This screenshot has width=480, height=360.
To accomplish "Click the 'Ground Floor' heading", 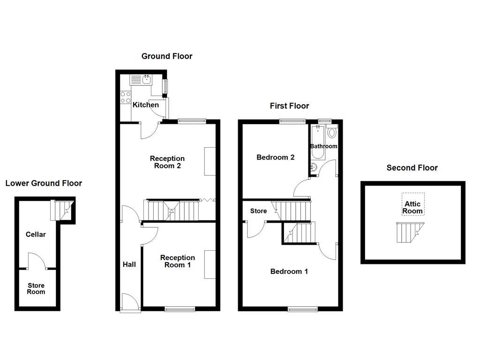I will (167, 56).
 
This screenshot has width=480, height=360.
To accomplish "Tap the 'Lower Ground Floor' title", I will (44, 183).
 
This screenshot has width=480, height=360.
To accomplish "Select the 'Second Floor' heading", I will (412, 168).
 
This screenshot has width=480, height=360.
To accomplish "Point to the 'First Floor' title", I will (289, 106).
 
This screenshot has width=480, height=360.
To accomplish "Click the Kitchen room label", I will (145, 105).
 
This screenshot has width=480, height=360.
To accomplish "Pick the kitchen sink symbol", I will (142, 79).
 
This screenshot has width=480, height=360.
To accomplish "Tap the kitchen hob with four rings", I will (126, 97).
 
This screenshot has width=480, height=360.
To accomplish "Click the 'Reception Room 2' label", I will (167, 162).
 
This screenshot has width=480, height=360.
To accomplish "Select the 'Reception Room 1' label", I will (177, 261).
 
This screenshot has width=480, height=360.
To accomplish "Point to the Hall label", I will (129, 264).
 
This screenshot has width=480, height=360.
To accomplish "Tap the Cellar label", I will (36, 234).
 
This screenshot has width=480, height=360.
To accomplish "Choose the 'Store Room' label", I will (36, 289).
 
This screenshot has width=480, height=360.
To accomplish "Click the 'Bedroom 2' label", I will (275, 157).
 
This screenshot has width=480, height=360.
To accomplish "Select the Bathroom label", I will (323, 146).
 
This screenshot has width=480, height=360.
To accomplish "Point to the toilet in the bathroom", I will (332, 132).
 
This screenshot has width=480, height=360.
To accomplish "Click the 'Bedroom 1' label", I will (289, 271).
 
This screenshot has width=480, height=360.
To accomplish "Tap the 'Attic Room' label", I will (412, 208).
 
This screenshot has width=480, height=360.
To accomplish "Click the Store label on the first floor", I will (258, 211).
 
